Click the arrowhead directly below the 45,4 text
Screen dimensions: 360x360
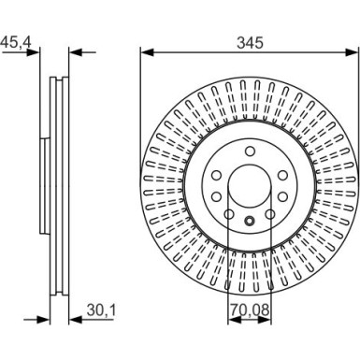coord(33,53)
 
